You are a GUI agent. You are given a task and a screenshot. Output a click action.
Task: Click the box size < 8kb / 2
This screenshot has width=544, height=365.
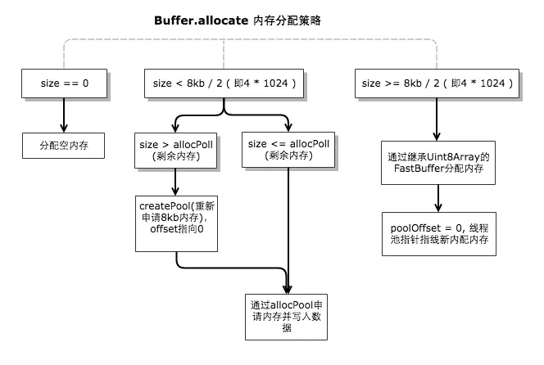225,83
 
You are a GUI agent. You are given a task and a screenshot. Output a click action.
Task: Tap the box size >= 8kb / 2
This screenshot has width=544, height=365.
437,83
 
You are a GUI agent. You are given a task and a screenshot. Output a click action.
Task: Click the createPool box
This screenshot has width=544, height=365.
176,216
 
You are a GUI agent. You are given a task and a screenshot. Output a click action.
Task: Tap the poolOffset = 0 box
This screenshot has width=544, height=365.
438,232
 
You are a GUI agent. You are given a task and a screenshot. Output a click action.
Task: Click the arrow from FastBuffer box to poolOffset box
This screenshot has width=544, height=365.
438,196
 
